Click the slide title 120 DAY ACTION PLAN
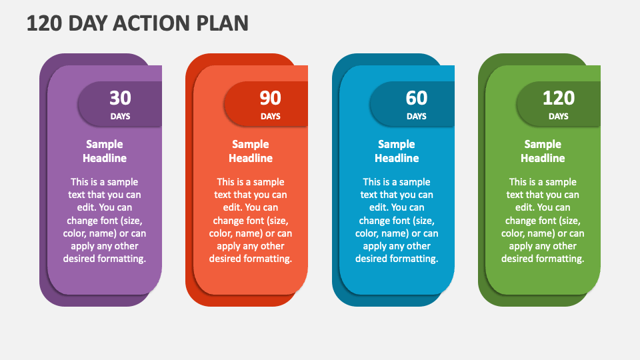[137, 23]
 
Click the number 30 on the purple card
[120, 98]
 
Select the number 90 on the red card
[270, 98]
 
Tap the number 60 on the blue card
[416, 98]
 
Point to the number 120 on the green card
[559, 98]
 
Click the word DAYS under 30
[120, 116]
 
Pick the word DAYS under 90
[270, 116]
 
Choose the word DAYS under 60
[416, 116]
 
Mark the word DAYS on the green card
[559, 116]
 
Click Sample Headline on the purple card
[105, 151]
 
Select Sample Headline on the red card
[251, 151]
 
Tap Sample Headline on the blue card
[397, 151]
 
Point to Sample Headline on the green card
[543, 151]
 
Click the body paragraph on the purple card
[105, 221]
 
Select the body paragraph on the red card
[251, 221]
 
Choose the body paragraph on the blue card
[397, 221]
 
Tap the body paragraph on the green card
[543, 221]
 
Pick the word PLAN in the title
[223, 23]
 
